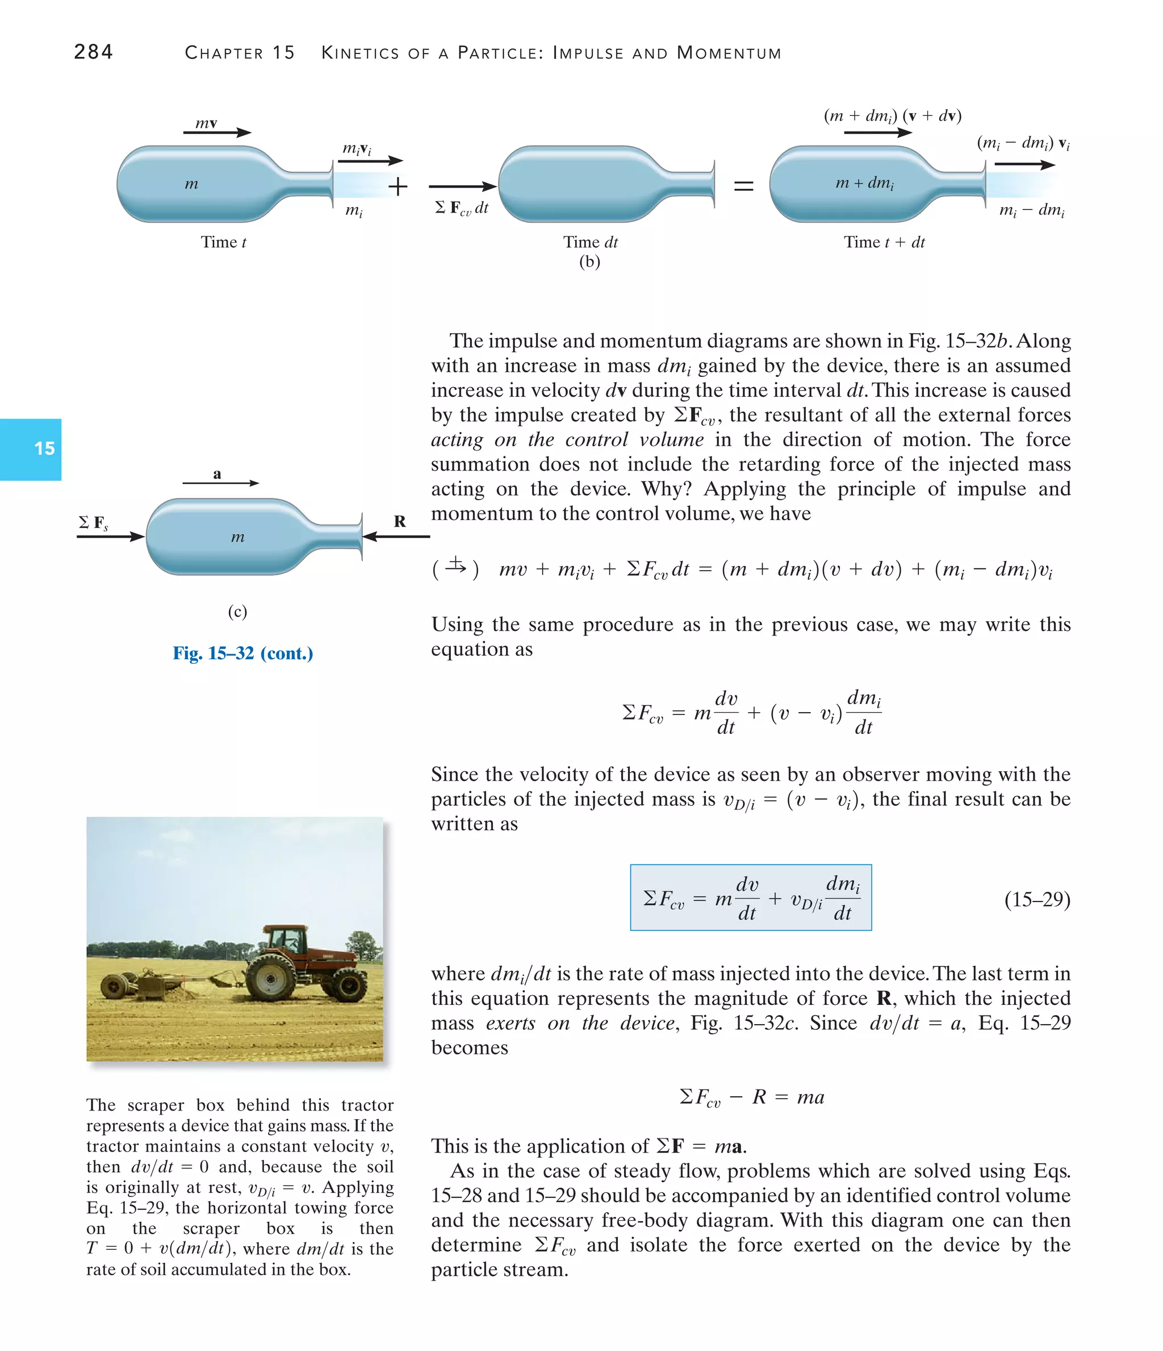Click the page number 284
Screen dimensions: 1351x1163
click(93, 52)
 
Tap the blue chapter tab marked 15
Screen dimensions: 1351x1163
click(31, 449)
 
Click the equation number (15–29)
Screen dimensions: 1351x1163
click(1036, 899)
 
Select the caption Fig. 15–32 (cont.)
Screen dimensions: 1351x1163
click(242, 652)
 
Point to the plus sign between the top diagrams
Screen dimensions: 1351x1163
click(398, 186)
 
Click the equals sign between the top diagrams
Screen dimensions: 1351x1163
click(743, 186)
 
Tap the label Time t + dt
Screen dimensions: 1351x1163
click(884, 243)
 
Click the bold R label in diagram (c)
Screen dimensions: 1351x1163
click(399, 521)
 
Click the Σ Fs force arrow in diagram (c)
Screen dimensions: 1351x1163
click(110, 537)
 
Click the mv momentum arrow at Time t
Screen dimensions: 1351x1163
click(216, 132)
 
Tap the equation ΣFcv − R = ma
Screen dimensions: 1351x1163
click(751, 1097)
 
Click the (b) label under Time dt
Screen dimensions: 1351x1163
click(589, 261)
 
